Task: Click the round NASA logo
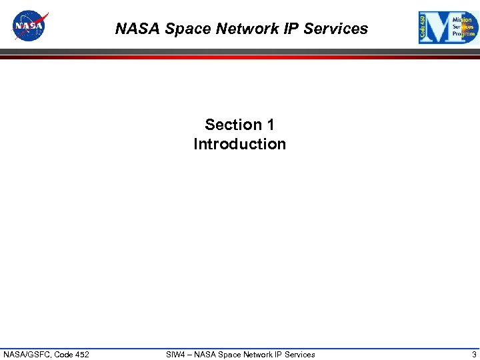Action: [30, 26]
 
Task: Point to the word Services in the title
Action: [337, 29]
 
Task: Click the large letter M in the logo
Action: [440, 28]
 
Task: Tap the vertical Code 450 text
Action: [423, 28]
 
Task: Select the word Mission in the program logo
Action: [462, 20]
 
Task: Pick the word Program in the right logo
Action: [463, 33]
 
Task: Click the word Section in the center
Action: [234, 125]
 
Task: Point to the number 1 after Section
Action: [270, 125]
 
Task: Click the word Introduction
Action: [239, 144]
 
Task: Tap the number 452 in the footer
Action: [81, 354]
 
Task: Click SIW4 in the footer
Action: [176, 354]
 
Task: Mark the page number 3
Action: [474, 354]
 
